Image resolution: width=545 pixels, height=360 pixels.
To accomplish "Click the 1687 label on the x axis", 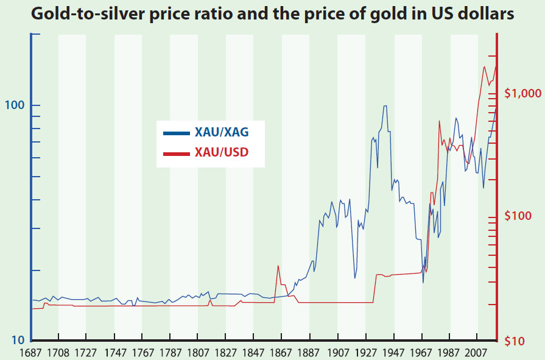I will [31, 353].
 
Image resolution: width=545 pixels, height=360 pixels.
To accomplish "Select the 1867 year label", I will [281, 353].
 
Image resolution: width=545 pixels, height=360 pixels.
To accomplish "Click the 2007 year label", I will [477, 353].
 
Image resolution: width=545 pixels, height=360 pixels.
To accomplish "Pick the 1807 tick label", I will [198, 353].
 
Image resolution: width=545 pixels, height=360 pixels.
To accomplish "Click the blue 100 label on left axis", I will [15, 105].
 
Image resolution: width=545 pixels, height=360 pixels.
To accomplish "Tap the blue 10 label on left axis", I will [18, 339].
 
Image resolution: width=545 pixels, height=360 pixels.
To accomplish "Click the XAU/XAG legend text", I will [222, 132].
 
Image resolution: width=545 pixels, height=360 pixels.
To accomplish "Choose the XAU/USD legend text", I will [222, 152].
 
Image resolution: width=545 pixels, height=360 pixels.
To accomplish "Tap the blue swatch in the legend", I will [177, 132].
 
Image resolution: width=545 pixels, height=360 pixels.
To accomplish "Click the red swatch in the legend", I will [177, 152].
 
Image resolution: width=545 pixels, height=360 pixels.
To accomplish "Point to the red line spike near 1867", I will [278, 266].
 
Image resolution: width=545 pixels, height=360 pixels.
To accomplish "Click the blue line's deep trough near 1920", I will [355, 278].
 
